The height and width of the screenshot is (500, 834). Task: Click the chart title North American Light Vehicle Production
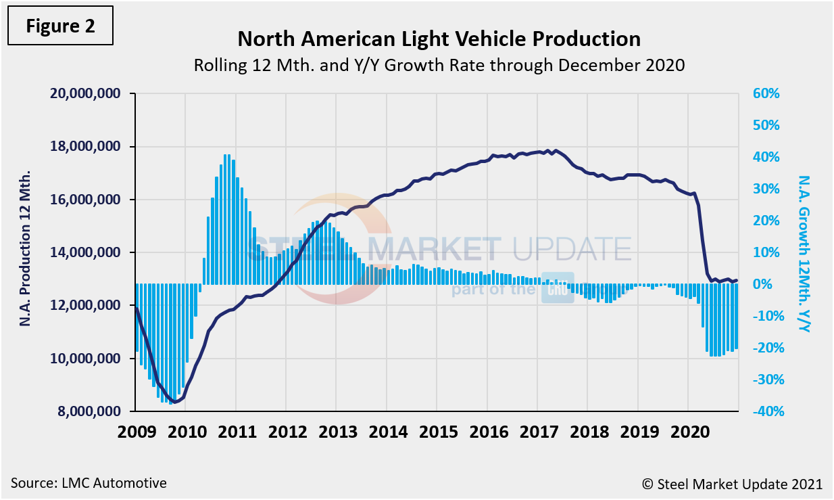[x=439, y=39]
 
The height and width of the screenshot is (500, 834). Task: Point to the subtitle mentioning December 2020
[x=439, y=66]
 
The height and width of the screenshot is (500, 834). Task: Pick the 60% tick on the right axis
[x=766, y=94]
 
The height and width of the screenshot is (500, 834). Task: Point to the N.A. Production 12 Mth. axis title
[x=26, y=250]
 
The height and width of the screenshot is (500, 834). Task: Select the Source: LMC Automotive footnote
[x=89, y=483]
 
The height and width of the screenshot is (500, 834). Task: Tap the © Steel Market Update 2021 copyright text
[x=732, y=484]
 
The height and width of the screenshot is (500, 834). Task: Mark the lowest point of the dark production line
[x=175, y=402]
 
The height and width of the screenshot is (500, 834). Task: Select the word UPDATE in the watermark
[x=572, y=249]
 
